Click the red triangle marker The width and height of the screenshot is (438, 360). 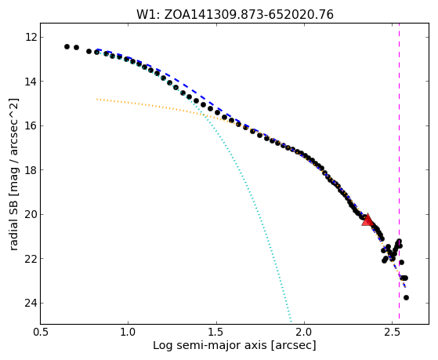[x=367, y=220]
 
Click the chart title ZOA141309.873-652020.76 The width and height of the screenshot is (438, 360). [x=248, y=15]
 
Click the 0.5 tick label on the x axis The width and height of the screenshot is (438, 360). [x=41, y=332]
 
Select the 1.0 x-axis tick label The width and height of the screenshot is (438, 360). [x=129, y=332]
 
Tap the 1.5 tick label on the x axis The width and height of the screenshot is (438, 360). [x=216, y=332]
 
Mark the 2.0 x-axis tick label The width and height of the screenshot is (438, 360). [x=305, y=332]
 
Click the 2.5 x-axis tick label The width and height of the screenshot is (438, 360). [x=393, y=332]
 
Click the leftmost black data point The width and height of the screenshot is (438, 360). [x=67, y=47]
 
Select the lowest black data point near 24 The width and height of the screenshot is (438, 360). [x=406, y=297]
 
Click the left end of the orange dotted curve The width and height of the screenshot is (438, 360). [x=97, y=99]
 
